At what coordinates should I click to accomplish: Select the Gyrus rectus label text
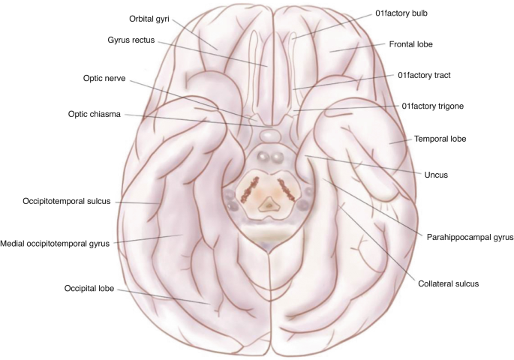(131, 40)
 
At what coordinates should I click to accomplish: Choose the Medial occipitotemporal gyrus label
(55, 243)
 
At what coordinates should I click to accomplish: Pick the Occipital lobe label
(89, 286)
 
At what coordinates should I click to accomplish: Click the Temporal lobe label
(440, 139)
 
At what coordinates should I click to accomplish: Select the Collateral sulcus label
(449, 283)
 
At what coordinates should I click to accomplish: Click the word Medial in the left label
(14, 243)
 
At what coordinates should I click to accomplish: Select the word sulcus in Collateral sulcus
(465, 283)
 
